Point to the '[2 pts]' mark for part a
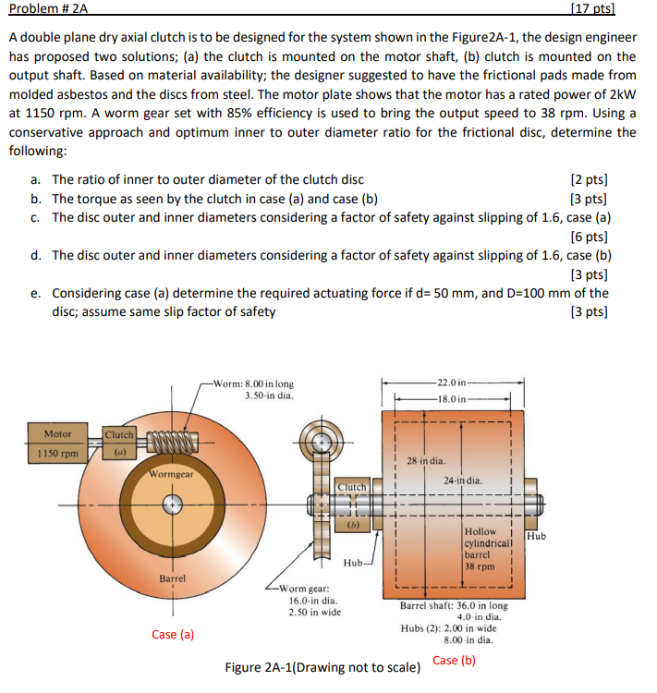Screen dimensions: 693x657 pyautogui.click(x=590, y=180)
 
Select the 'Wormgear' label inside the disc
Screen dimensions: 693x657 pyautogui.click(x=171, y=475)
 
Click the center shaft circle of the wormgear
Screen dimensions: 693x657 pyautogui.click(x=171, y=505)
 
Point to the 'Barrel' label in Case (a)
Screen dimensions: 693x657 pyautogui.click(x=173, y=577)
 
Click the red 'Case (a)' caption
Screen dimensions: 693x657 pyautogui.click(x=174, y=634)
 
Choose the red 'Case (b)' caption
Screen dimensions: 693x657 pyautogui.click(x=454, y=660)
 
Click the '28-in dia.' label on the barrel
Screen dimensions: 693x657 pyautogui.click(x=426, y=460)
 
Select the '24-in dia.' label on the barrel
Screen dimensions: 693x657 pyautogui.click(x=462, y=480)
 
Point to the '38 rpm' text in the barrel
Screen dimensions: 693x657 pyautogui.click(x=481, y=566)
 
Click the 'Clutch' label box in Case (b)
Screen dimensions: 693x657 pyautogui.click(x=352, y=486)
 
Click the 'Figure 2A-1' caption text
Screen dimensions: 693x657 pyautogui.click(x=323, y=667)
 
